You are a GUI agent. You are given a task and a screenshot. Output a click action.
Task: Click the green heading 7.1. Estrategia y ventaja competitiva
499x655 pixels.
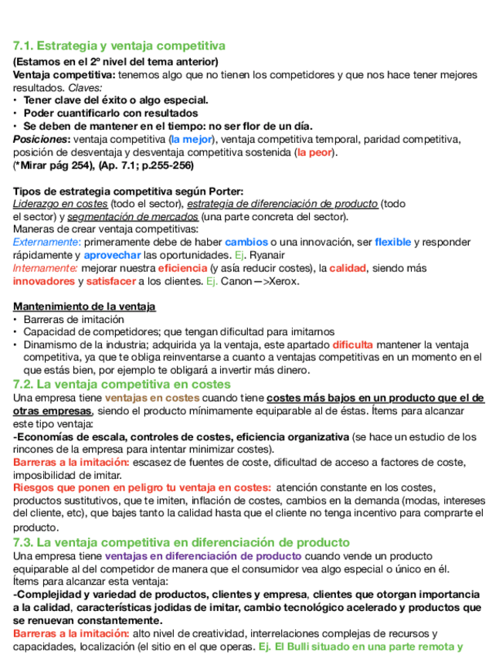(x=120, y=46)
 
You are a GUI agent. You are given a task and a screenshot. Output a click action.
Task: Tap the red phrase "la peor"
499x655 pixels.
(x=315, y=152)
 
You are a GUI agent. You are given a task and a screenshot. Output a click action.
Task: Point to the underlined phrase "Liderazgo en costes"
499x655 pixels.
(x=60, y=204)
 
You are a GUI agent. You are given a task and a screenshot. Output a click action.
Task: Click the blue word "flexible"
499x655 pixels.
(x=392, y=242)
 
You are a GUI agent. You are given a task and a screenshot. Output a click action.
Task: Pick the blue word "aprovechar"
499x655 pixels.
(x=112, y=255)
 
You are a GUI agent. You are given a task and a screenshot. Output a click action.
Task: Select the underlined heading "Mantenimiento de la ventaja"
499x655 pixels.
(x=84, y=307)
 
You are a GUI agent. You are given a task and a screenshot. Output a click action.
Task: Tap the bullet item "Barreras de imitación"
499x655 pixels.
(x=73, y=319)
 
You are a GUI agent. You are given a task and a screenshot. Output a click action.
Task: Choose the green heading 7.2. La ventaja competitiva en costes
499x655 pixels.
(x=122, y=384)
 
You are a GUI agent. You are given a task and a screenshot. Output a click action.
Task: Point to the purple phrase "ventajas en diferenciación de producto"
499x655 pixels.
(x=203, y=556)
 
